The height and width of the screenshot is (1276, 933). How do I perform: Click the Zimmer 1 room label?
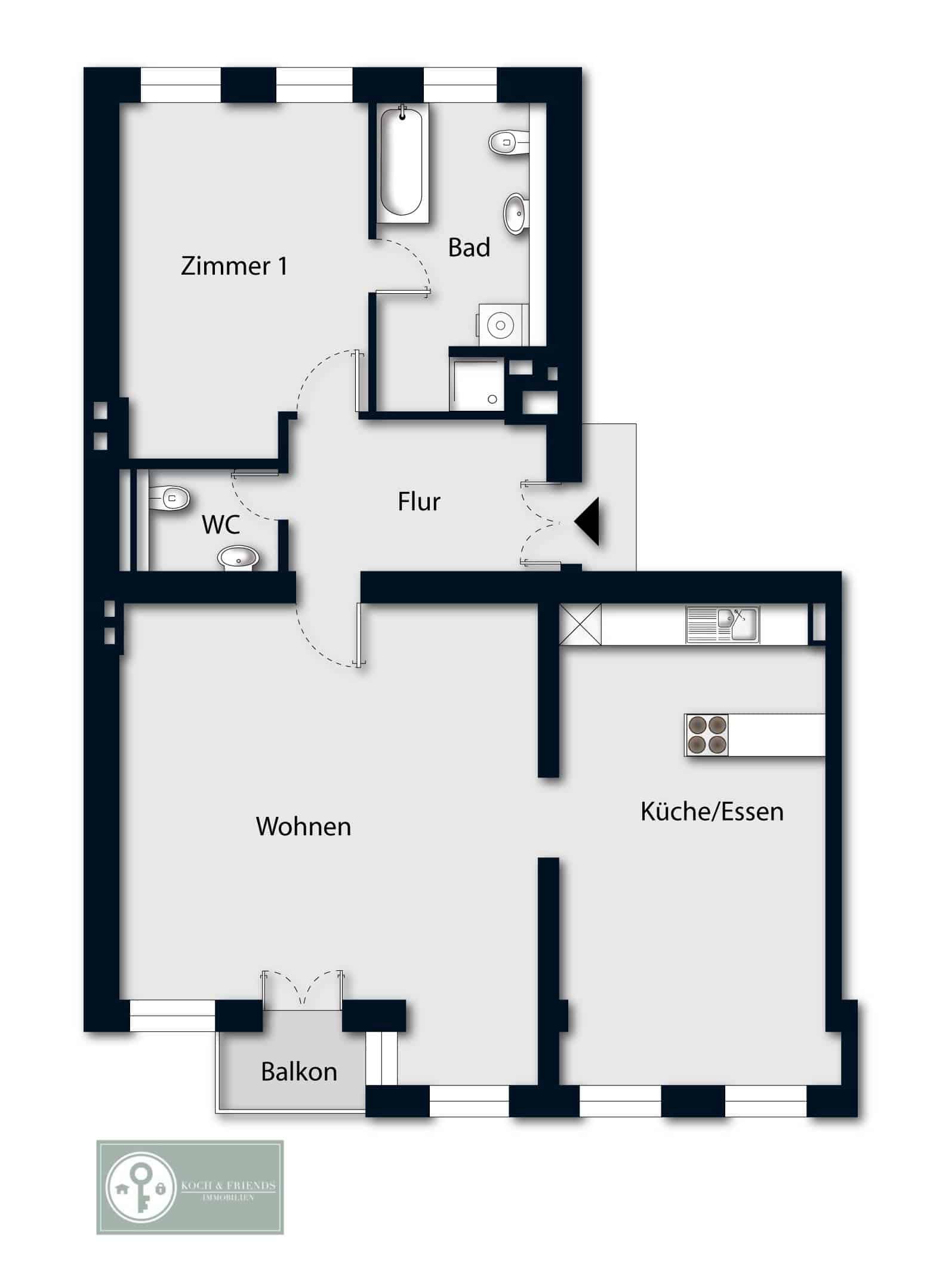pyautogui.click(x=234, y=266)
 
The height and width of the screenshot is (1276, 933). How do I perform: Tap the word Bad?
pyautogui.click(x=469, y=247)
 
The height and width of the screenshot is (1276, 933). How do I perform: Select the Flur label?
pyautogui.click(x=419, y=502)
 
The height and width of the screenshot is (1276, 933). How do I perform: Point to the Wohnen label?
pyautogui.click(x=303, y=826)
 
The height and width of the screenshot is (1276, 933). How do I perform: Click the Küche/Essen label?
pyautogui.click(x=712, y=811)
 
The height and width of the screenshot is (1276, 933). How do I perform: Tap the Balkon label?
pyautogui.click(x=299, y=1072)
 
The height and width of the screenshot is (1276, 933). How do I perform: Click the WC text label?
pyautogui.click(x=221, y=525)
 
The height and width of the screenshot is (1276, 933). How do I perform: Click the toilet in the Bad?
pyautogui.click(x=508, y=143)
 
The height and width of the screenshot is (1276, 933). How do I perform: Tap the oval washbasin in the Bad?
pyautogui.click(x=516, y=213)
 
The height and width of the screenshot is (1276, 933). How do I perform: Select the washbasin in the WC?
pyautogui.click(x=238, y=559)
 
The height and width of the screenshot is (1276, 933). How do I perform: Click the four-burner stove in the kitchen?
pyautogui.click(x=707, y=735)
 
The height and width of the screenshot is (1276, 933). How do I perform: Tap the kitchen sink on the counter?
pyautogui.click(x=722, y=625)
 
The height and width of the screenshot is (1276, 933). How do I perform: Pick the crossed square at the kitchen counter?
pyautogui.click(x=580, y=624)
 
